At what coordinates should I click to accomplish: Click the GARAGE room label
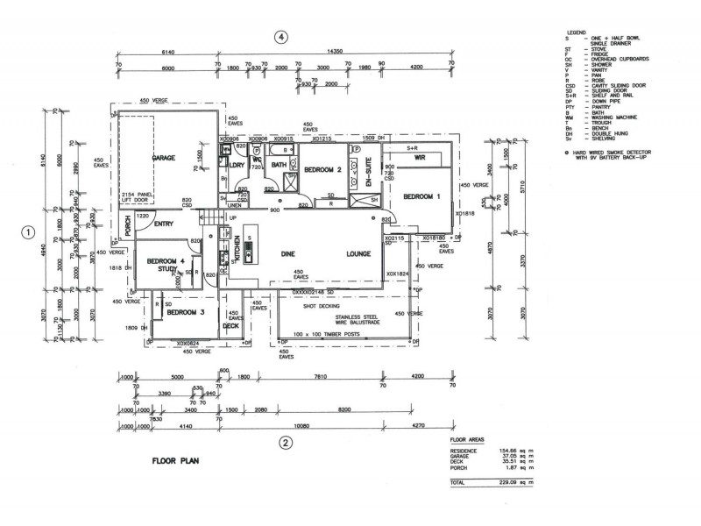tap(163, 158)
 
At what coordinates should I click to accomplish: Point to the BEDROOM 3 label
tap(185, 312)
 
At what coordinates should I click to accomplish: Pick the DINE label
tap(287, 254)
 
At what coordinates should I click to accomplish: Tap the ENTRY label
tap(164, 224)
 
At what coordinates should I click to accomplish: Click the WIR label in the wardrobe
tap(419, 158)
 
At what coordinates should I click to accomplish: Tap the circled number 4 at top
tap(280, 37)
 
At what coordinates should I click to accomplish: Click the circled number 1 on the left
tap(29, 232)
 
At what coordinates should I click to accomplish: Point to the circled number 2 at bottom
tap(285, 442)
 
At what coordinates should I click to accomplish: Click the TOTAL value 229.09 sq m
tap(507, 483)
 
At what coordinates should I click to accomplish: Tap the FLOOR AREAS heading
tap(466, 439)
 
